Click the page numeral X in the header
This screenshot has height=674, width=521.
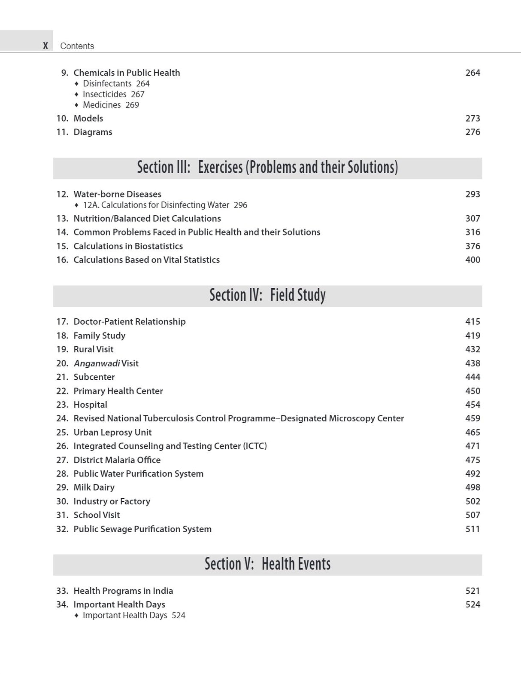coord(45,46)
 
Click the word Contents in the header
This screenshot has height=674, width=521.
coord(77,46)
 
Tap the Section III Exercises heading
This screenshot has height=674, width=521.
coord(267,168)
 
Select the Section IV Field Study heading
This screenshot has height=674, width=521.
coord(267,296)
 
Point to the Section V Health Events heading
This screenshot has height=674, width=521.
coord(267,564)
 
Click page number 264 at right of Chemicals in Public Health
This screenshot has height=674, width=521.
coord(473,73)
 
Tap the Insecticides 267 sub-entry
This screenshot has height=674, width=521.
coord(113,94)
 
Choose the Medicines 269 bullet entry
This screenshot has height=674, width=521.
coord(111,105)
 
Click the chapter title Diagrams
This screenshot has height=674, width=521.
coord(93,132)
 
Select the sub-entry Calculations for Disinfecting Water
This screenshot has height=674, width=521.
coord(165,205)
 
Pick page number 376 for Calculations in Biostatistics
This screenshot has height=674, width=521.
coord(473,246)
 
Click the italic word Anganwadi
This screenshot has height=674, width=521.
coord(97,363)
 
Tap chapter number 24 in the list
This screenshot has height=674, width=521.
coord(62,418)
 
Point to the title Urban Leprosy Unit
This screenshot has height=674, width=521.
coord(112,432)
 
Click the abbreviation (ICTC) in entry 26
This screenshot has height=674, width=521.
coord(255,446)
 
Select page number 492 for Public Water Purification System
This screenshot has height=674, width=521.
coord(473,473)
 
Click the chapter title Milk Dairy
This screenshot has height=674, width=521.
coord(94,487)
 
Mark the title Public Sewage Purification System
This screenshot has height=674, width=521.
coord(142,529)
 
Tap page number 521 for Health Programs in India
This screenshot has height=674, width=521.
coord(473,591)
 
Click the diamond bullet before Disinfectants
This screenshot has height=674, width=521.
coord(76,84)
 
